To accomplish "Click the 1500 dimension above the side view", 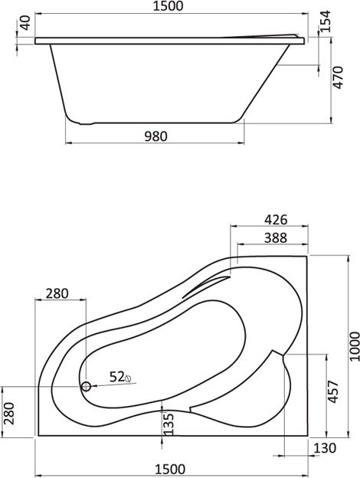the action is coord(169,6).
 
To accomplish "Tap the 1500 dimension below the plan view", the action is coord(170,469).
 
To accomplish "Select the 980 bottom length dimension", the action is coord(155,136).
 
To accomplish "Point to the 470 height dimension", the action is coord(339,77).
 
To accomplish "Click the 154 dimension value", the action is coord(326,21).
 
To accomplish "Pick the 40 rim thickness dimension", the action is coord(26,23).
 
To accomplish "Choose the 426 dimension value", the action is coord(276,219).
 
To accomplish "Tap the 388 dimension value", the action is coord(276,238).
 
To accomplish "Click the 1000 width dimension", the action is coord(355,346).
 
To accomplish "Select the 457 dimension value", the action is coord(333,391).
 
